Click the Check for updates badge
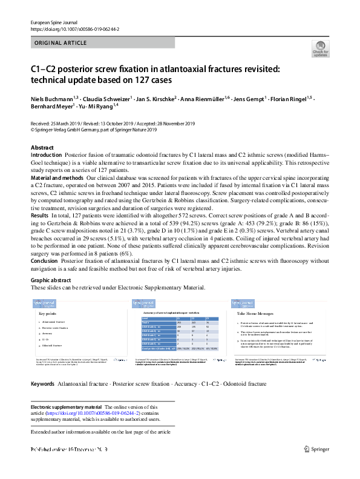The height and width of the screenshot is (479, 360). pos(321,50)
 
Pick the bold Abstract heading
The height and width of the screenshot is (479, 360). pos(42,148)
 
